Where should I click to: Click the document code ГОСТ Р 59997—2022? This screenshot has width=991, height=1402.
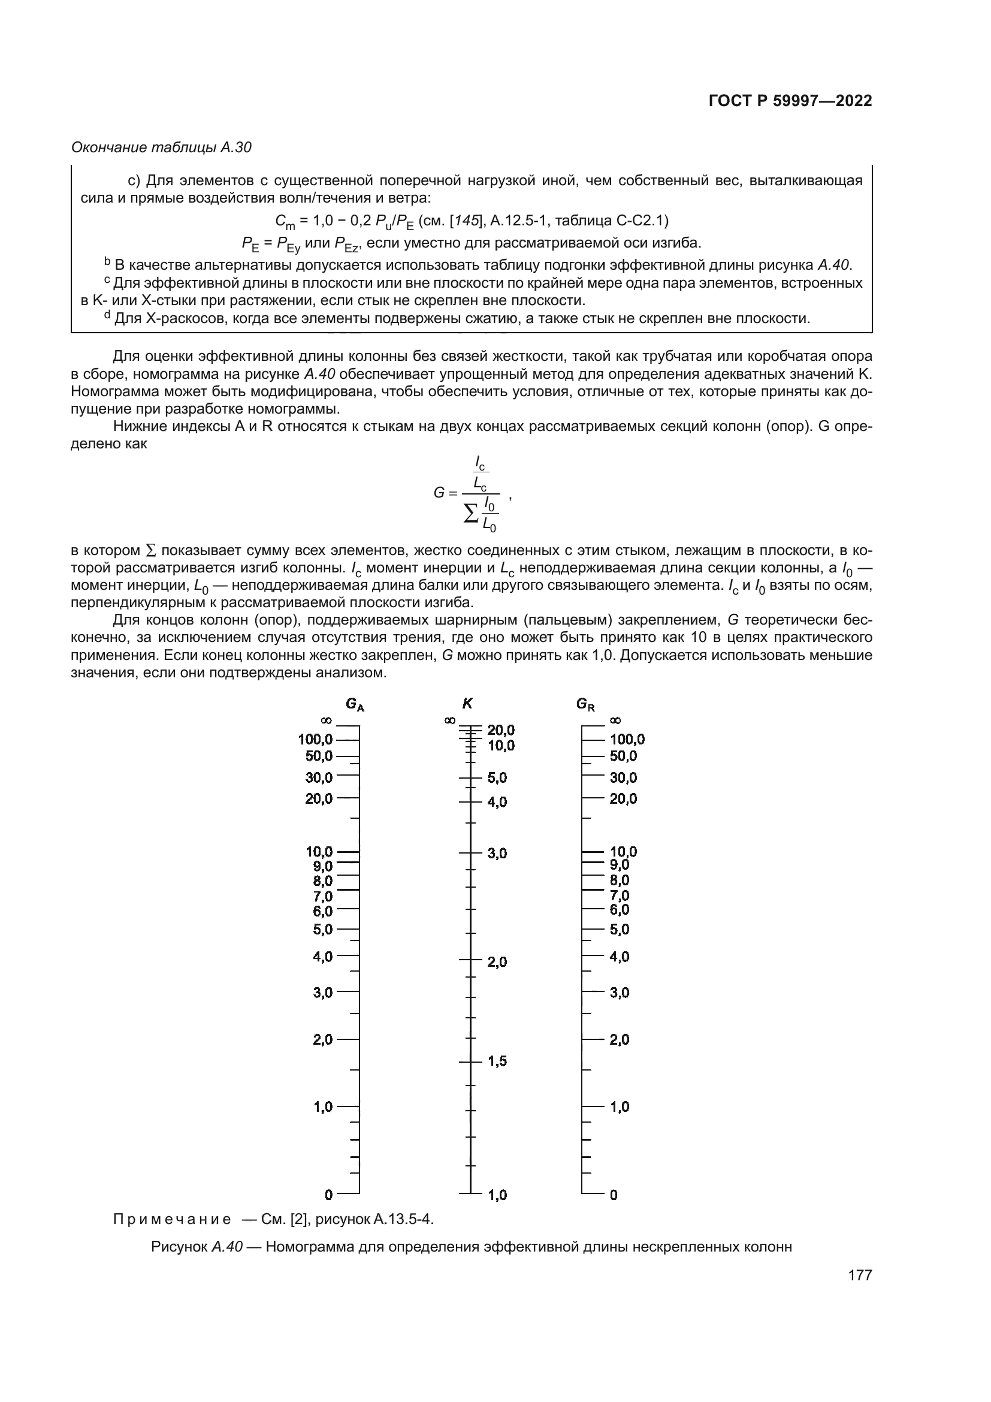point(790,101)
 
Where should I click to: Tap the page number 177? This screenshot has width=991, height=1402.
point(860,1275)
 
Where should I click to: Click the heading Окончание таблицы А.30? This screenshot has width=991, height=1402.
point(161,147)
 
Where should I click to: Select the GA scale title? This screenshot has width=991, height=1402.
point(355,704)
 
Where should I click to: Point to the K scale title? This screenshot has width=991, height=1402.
point(467,703)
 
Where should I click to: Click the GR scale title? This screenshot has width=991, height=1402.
point(585,704)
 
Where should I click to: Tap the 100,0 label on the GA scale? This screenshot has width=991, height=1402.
point(315,740)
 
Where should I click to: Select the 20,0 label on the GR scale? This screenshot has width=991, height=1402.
point(623,798)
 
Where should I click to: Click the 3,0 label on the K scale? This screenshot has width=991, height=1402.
point(497,853)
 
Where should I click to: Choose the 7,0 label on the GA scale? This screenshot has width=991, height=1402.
point(322,896)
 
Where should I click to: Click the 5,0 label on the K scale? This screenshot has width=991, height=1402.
point(497,778)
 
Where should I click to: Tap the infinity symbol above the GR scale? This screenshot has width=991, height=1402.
point(615,720)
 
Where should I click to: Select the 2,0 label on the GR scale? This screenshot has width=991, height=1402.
point(619,1039)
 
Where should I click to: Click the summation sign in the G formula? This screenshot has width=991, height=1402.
point(471,514)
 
